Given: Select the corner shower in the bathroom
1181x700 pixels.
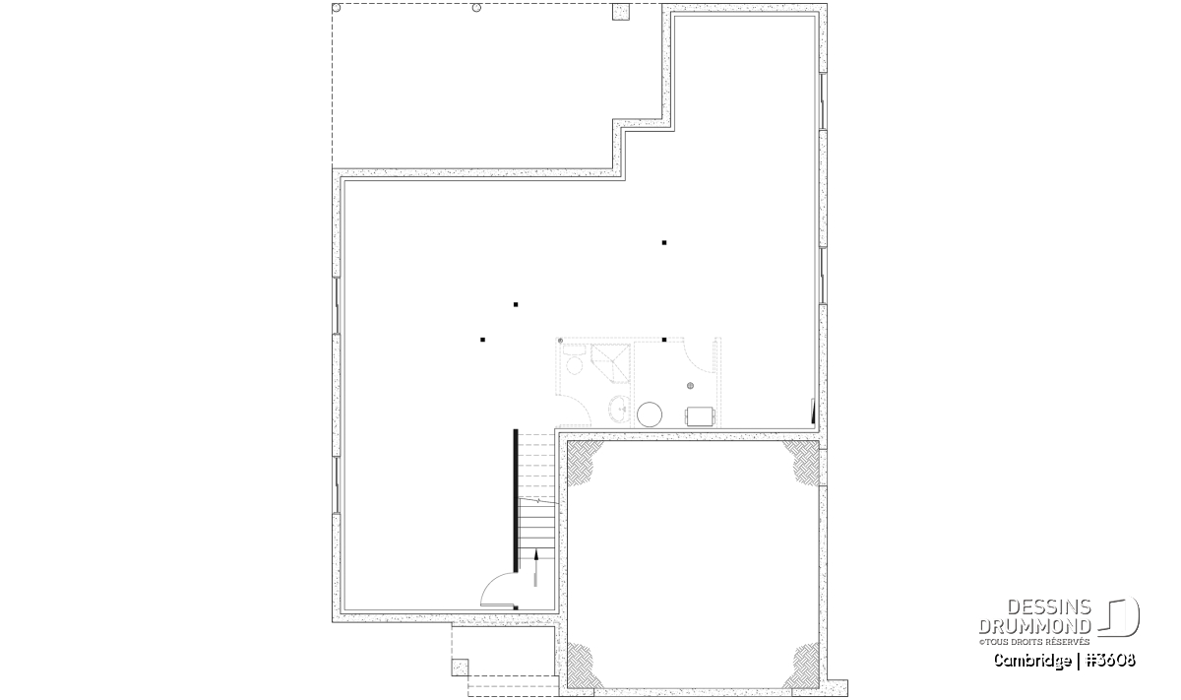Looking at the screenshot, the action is [610, 362].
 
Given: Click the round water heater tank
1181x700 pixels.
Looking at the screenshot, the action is [650, 414].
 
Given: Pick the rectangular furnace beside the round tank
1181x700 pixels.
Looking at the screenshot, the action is [700, 415].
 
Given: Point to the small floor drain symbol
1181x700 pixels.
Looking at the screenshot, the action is [690, 386].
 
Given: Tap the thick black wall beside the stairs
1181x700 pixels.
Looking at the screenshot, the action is [516, 500].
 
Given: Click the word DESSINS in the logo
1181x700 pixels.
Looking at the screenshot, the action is [1049, 607].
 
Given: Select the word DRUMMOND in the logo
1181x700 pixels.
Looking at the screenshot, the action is [1035, 626].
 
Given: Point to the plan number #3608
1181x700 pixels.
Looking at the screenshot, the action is [1111, 660].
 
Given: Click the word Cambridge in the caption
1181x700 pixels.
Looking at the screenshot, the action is [1032, 661].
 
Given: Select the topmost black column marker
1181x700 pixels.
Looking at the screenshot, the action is [664, 242].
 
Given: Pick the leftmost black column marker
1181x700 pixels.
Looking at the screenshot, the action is [482, 340].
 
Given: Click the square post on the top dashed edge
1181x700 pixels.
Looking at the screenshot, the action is [621, 12].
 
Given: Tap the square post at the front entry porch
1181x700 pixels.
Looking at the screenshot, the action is [460, 668].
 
